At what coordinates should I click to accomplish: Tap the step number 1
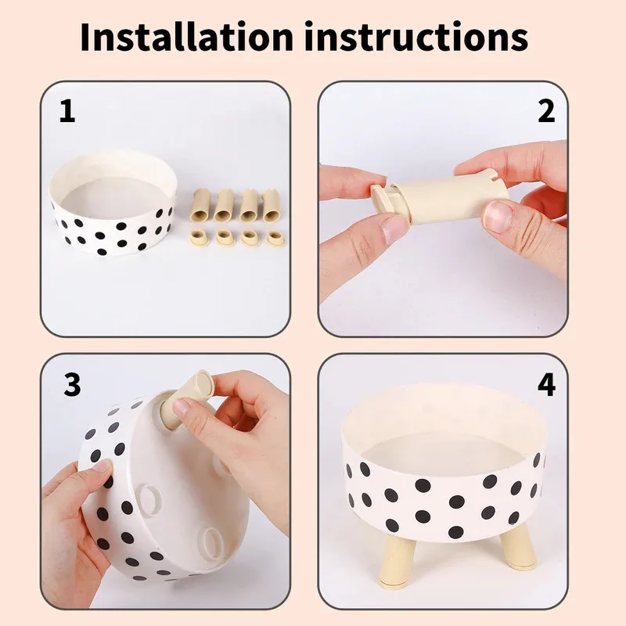tap(68, 112)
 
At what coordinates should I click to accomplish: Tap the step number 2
tap(546, 112)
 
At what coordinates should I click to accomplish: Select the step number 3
tap(72, 384)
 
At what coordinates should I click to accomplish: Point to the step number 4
tap(546, 384)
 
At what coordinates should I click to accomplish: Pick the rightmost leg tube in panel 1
tap(272, 205)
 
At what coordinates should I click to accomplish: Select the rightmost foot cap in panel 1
tap(275, 237)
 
